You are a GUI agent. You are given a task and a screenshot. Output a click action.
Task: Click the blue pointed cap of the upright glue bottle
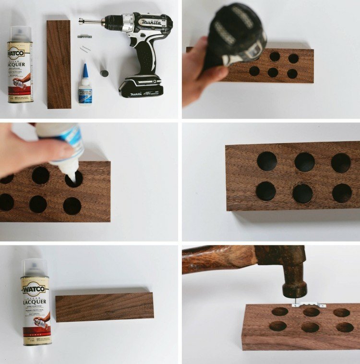[x=84, y=70]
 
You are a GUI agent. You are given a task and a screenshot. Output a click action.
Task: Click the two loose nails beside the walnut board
[x=84, y=48]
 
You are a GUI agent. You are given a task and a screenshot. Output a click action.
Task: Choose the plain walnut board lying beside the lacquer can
[x=105, y=306]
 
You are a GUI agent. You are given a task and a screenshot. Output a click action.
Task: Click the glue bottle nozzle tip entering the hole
[x=72, y=178]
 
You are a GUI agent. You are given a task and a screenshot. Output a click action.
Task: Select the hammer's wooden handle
[x=216, y=260]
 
